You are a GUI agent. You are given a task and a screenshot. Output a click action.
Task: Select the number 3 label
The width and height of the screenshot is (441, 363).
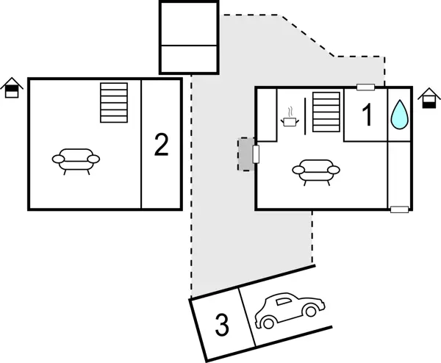(x=222, y=324)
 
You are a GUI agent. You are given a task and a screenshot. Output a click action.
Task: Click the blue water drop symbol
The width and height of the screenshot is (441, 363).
(x=399, y=115)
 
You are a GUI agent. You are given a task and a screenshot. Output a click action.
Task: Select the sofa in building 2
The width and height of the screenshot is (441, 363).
(x=76, y=159)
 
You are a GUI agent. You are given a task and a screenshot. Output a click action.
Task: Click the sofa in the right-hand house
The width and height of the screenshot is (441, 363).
(x=316, y=170)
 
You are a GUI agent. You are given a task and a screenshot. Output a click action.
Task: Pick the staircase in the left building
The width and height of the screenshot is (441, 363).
(x=114, y=102)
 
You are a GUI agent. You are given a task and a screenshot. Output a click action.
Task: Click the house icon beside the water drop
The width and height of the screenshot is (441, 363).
(x=428, y=98)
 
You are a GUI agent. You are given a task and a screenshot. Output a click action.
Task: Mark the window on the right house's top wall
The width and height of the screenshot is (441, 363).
(x=365, y=88)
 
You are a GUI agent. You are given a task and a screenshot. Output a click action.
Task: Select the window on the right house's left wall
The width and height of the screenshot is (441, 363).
(x=256, y=154)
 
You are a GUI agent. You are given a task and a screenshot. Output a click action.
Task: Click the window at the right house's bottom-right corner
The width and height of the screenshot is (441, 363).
(x=399, y=209)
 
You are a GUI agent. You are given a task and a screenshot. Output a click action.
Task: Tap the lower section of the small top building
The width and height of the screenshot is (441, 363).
(x=189, y=59)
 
